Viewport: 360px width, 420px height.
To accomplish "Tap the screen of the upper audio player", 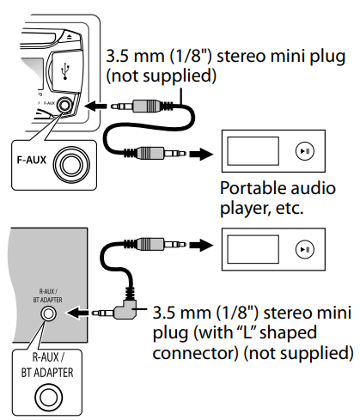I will pos(253,152).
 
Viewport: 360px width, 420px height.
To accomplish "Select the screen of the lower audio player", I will pos(253,250).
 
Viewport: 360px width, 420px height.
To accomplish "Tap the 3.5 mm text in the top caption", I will pos(130,58).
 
